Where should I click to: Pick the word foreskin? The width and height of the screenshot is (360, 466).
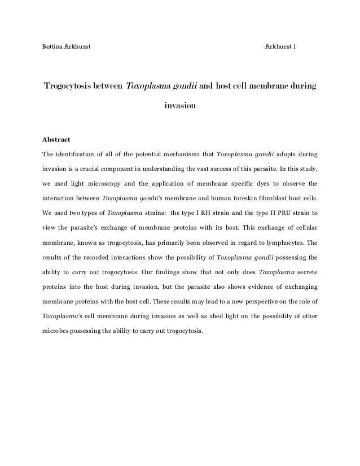point(240,198)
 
